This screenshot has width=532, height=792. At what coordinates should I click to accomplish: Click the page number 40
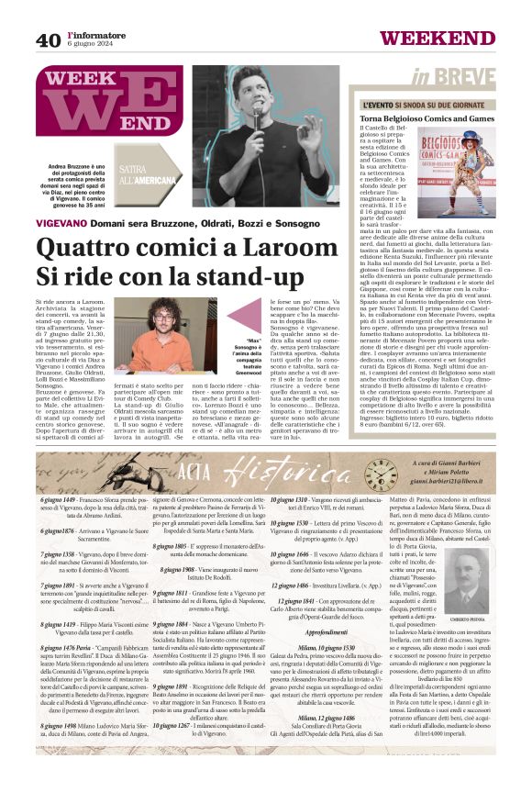click(x=48, y=39)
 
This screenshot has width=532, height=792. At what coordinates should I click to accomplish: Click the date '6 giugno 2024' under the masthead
click(x=94, y=45)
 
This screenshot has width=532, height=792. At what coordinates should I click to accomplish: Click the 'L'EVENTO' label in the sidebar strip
click(x=371, y=105)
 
